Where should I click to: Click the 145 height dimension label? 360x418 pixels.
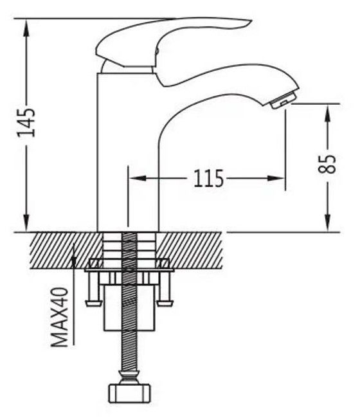[x=26, y=123]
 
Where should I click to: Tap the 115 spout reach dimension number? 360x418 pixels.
[x=208, y=178]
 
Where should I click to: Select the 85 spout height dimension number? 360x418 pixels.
[x=327, y=164]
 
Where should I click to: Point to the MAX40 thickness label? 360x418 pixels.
[x=59, y=317]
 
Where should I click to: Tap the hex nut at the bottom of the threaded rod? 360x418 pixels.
[x=129, y=394]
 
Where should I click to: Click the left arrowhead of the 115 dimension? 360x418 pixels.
[x=137, y=178]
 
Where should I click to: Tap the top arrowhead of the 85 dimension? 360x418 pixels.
[x=328, y=112]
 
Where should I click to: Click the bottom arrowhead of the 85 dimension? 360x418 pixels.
[x=328, y=223]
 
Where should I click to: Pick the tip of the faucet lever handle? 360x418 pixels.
[x=251, y=21]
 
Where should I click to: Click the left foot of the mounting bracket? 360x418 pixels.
[x=93, y=303]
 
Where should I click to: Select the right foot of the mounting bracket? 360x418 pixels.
[x=165, y=303]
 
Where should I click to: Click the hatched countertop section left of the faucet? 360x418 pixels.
[x=66, y=250]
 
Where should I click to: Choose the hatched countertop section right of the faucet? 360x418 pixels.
[x=189, y=250]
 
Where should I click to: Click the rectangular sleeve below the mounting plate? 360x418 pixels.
[x=129, y=307]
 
